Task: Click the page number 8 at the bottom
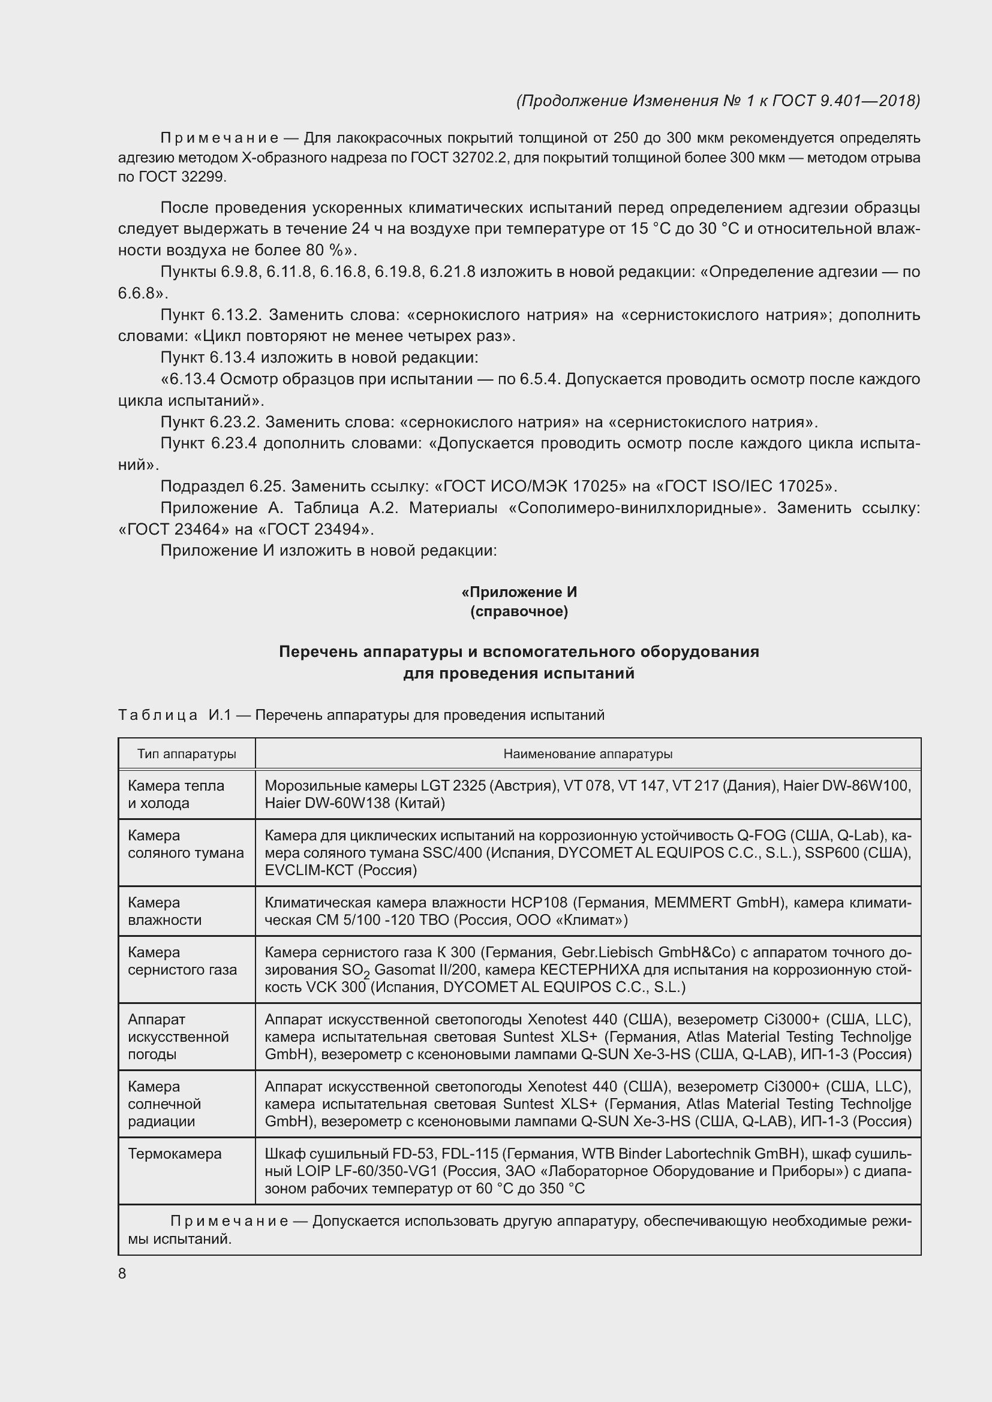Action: [x=122, y=1273]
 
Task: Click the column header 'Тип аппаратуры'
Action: [x=187, y=753]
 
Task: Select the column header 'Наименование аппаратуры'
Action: [x=588, y=753]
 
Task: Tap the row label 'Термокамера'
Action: [x=175, y=1153]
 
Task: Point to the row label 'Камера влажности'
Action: [x=164, y=911]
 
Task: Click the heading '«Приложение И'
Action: [x=519, y=592]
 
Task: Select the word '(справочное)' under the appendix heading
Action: [x=519, y=611]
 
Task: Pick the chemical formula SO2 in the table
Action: [x=359, y=970]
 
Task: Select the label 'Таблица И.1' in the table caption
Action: [x=174, y=714]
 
